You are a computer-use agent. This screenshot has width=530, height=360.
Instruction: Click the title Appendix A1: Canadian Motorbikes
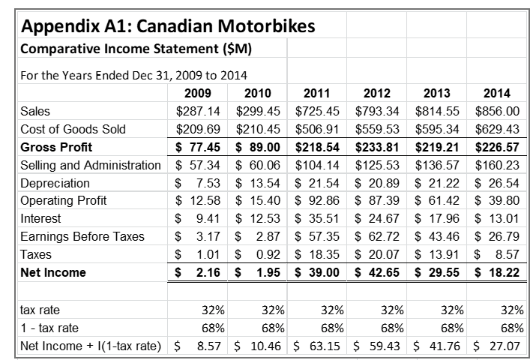click(x=169, y=28)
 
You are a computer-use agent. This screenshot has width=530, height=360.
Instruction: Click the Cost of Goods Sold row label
click(x=73, y=129)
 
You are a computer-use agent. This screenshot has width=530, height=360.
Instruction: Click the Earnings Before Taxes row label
click(x=82, y=237)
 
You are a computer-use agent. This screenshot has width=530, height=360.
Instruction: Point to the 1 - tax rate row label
click(x=49, y=327)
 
